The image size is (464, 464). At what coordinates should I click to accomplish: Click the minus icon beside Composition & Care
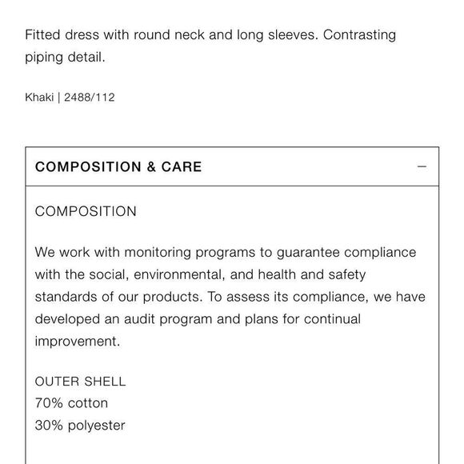(x=422, y=167)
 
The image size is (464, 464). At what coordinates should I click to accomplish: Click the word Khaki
(x=39, y=98)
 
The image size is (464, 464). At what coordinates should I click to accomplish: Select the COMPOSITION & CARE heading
(x=118, y=167)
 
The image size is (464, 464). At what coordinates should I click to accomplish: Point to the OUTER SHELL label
(x=80, y=382)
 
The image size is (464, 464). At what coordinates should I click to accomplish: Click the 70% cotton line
(x=71, y=403)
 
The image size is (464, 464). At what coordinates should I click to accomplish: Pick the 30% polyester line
(x=80, y=426)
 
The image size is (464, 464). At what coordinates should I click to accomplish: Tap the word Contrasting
(x=359, y=35)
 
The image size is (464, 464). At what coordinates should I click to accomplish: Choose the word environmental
(x=178, y=274)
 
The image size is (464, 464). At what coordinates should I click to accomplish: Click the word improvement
(x=78, y=342)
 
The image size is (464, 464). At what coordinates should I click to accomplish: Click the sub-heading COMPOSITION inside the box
(x=86, y=212)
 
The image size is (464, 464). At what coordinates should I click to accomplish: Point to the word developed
(x=68, y=319)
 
